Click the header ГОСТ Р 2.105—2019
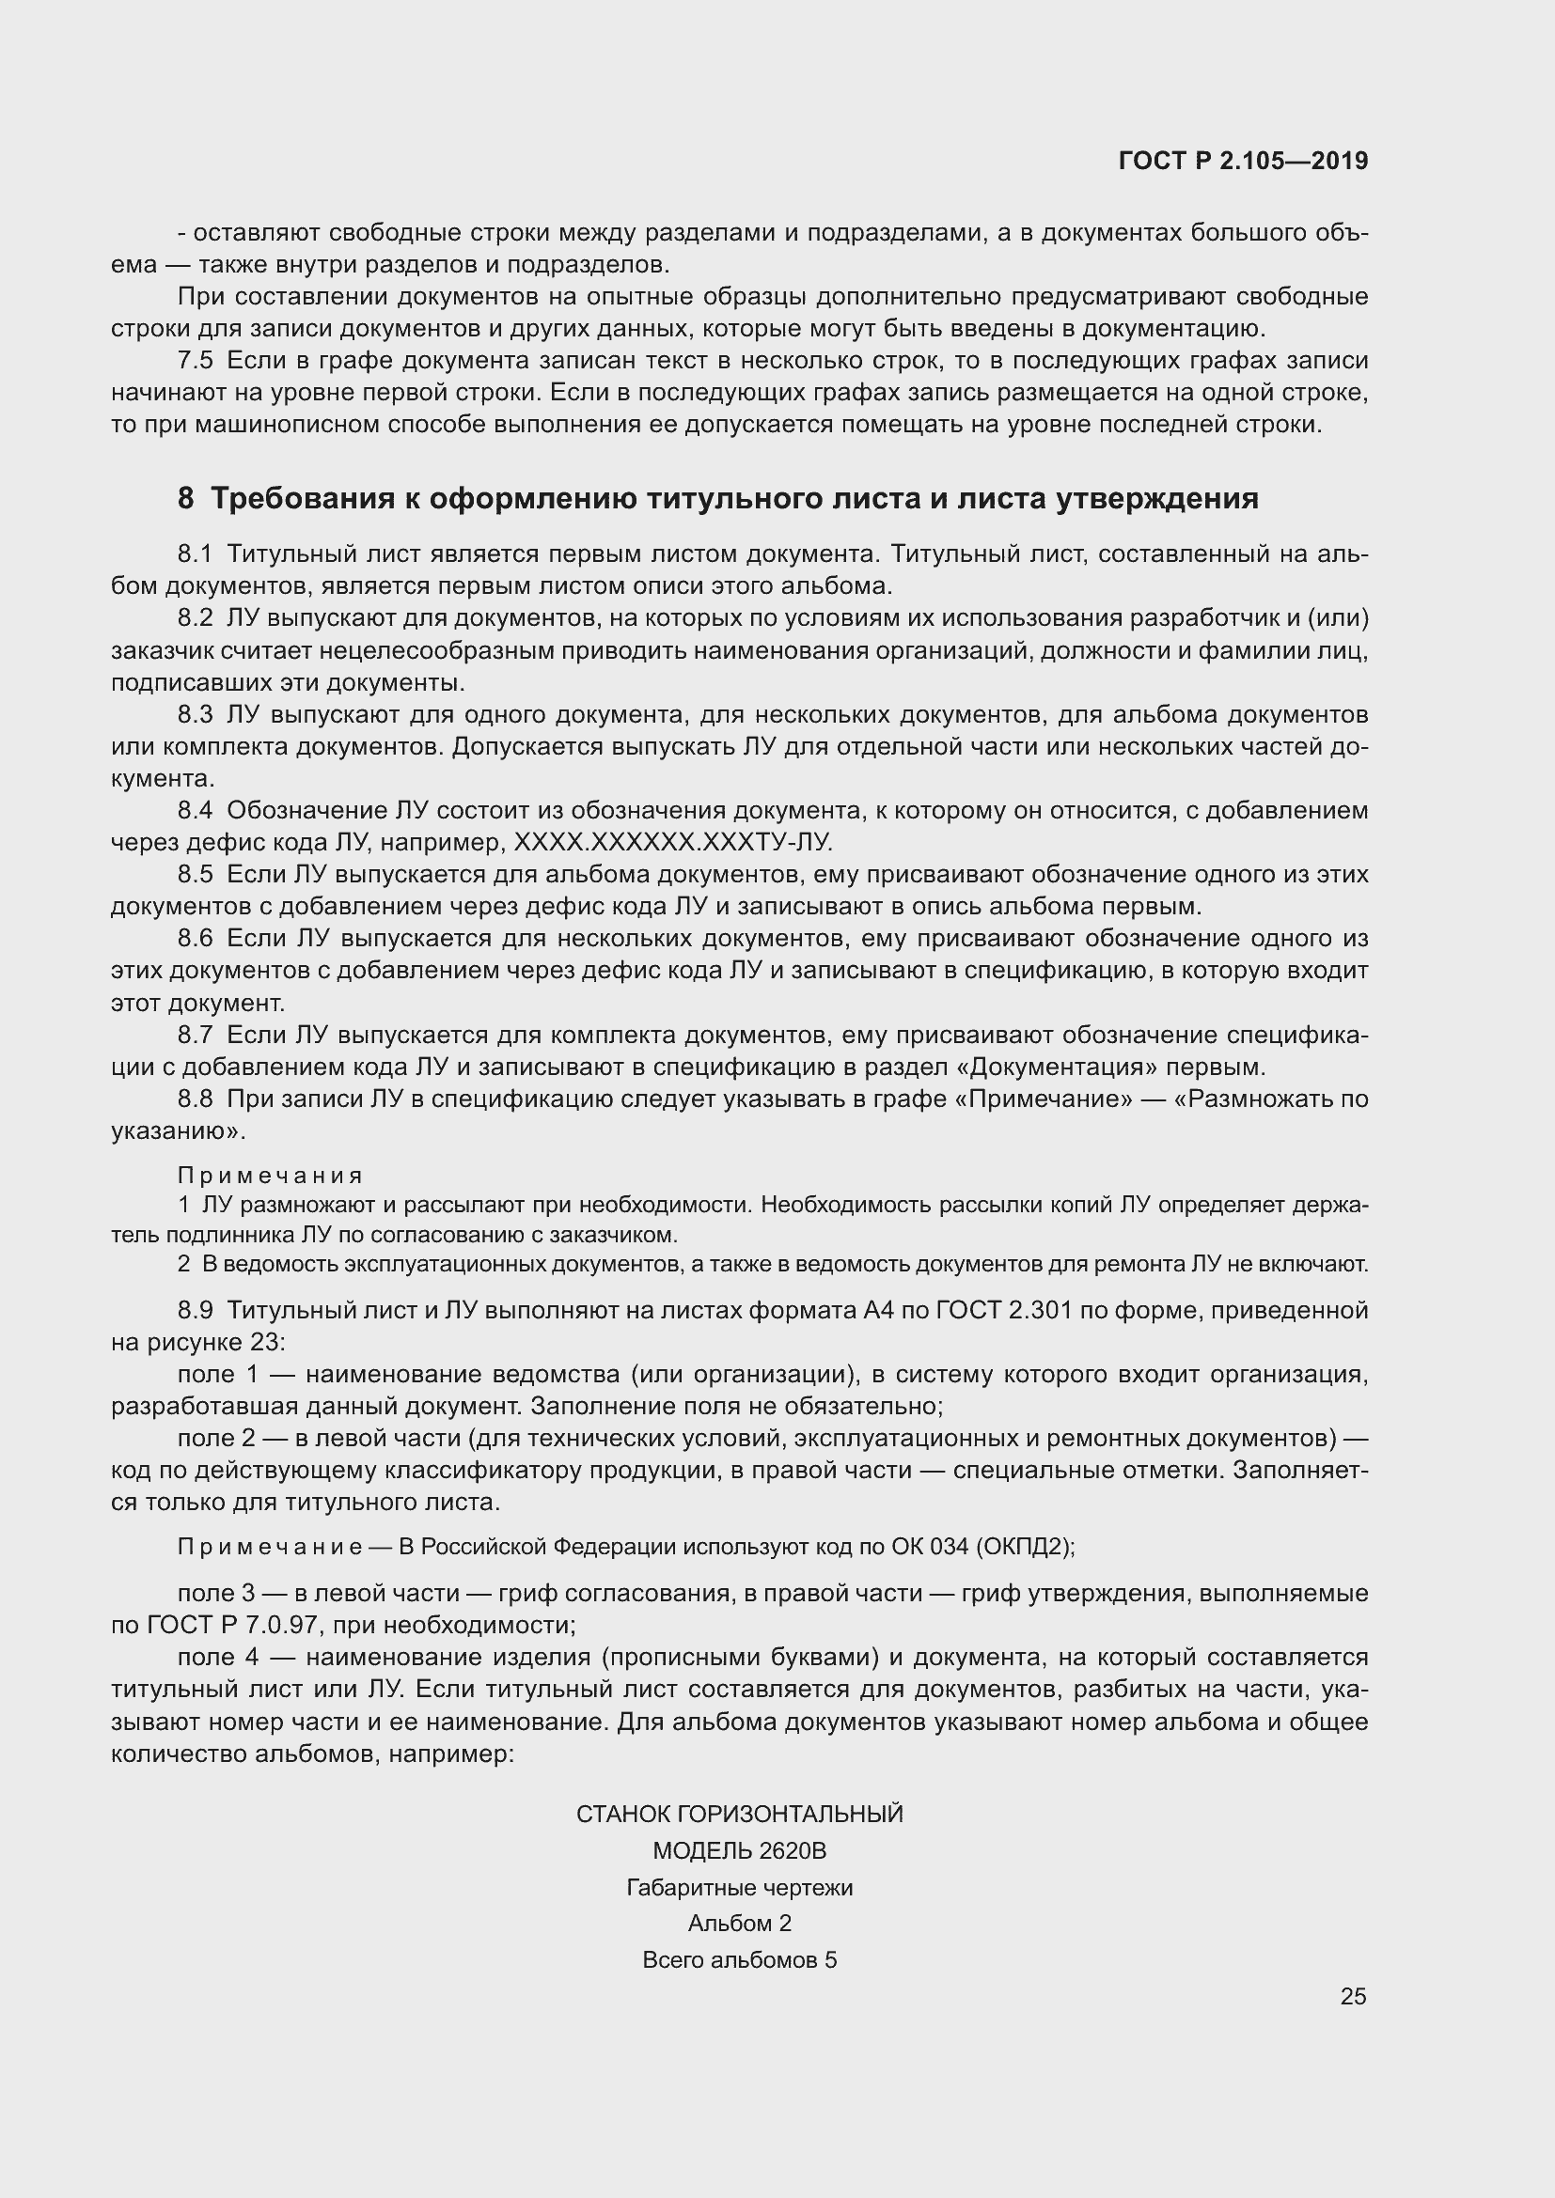point(1243,161)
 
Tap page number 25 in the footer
point(1353,1996)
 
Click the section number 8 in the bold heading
point(186,499)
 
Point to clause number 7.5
point(196,361)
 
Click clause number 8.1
point(196,553)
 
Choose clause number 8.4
point(196,810)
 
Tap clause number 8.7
point(196,1035)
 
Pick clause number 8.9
point(196,1310)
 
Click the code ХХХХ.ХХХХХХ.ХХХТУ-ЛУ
point(673,842)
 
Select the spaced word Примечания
point(270,1176)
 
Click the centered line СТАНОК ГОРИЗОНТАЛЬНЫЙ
point(739,1814)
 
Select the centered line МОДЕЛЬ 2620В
point(739,1850)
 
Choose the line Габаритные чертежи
point(739,1888)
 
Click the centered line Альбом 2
point(739,1924)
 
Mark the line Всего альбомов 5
point(739,1959)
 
